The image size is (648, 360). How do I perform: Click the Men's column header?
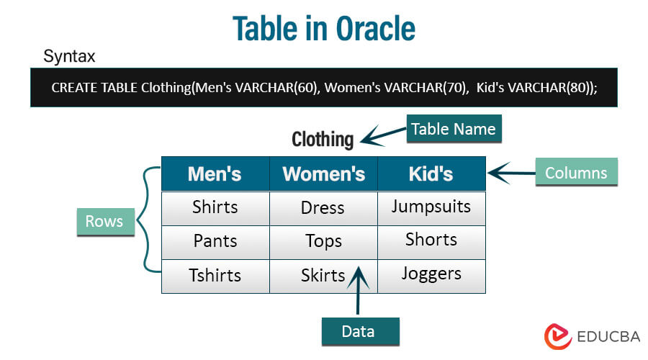click(x=215, y=174)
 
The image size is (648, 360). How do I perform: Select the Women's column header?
click(x=323, y=174)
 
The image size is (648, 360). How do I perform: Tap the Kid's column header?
click(x=431, y=174)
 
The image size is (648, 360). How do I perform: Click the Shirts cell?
click(x=215, y=208)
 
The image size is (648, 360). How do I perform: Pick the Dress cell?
click(x=323, y=208)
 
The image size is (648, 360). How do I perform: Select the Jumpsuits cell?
click(x=431, y=208)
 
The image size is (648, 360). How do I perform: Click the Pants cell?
click(x=215, y=243)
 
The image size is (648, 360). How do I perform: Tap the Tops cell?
click(x=323, y=243)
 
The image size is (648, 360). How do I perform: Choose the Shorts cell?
click(x=431, y=243)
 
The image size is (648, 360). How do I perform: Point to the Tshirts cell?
click(x=215, y=276)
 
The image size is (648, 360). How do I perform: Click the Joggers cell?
click(x=431, y=276)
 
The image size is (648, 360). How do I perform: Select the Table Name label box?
click(x=454, y=129)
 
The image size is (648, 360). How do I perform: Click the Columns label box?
click(x=576, y=172)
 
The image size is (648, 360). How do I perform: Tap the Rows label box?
click(x=106, y=222)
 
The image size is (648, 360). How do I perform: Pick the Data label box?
click(x=361, y=331)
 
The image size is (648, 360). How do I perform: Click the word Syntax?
click(x=69, y=56)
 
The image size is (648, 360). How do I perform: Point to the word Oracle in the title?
click(x=375, y=29)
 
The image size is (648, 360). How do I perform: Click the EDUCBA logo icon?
click(x=558, y=336)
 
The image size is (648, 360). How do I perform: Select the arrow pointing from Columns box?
click(x=512, y=173)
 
